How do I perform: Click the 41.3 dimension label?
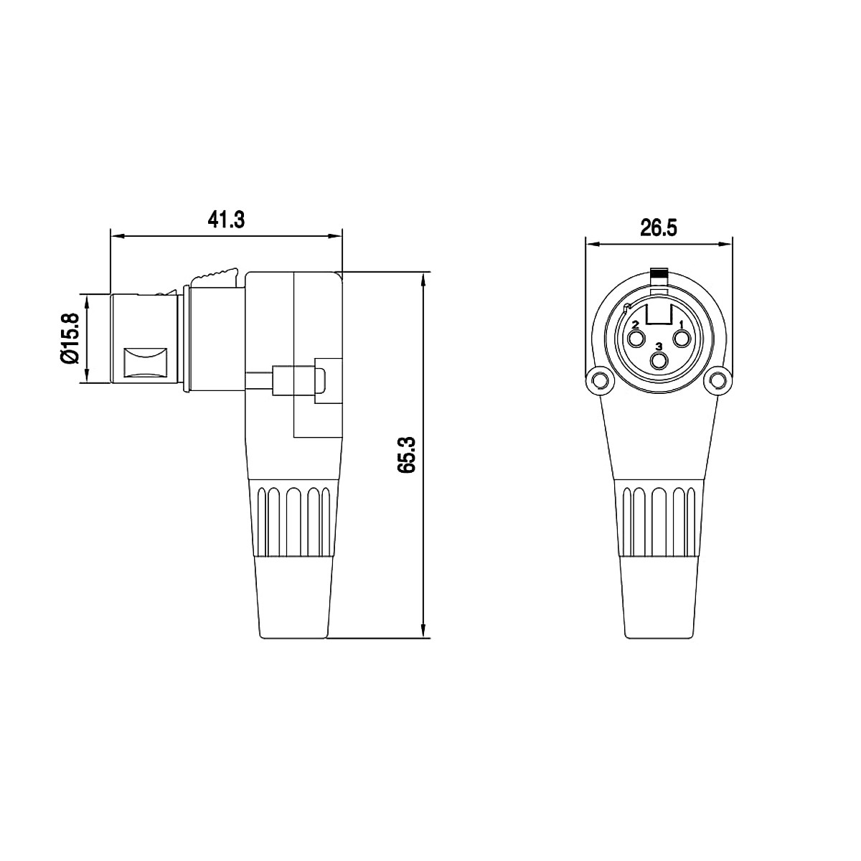tap(227, 220)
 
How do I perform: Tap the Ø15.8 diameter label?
tap(69, 339)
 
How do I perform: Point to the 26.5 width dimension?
tap(659, 228)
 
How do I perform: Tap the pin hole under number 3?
tap(659, 360)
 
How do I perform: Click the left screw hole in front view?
tap(598, 380)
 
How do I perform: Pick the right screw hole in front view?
tap(720, 380)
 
